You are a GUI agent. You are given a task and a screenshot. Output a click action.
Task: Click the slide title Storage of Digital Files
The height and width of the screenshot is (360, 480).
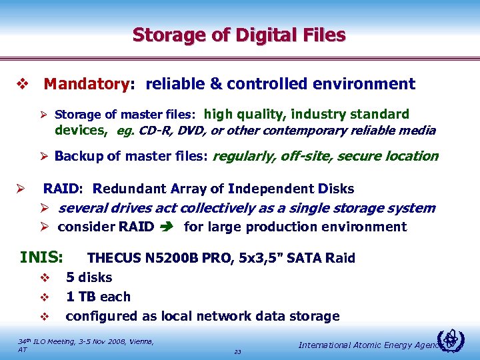coord(239,34)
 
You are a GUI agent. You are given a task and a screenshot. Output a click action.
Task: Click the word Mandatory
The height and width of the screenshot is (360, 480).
coord(85,84)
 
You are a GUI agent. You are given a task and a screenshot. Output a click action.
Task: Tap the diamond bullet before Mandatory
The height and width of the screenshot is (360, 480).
coord(21,85)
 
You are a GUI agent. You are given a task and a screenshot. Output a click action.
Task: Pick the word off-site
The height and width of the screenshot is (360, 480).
coord(307,157)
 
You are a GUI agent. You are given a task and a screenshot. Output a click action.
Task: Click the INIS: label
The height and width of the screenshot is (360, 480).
coord(42,257)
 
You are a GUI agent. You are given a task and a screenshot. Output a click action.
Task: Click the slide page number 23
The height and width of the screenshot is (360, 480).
coord(238,351)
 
